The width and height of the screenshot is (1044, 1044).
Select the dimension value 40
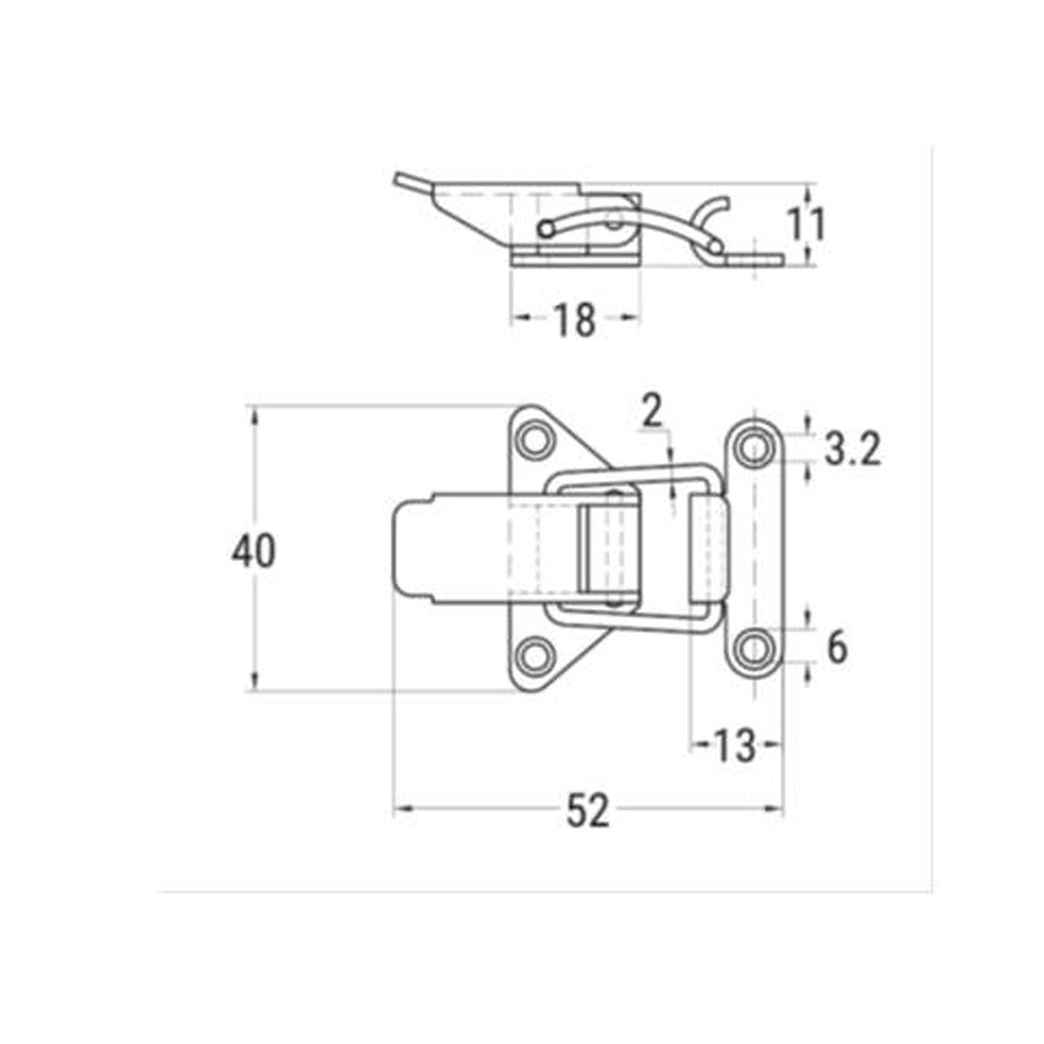(254, 552)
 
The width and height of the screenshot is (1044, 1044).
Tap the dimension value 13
(735, 746)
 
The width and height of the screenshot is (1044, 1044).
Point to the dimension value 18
(574, 319)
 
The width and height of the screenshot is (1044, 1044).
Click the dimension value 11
(806, 224)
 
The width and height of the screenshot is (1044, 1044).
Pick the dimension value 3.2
(852, 451)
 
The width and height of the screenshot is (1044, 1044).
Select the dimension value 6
(836, 647)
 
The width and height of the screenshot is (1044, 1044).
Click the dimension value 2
(652, 412)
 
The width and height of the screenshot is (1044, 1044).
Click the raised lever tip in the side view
(401, 181)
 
